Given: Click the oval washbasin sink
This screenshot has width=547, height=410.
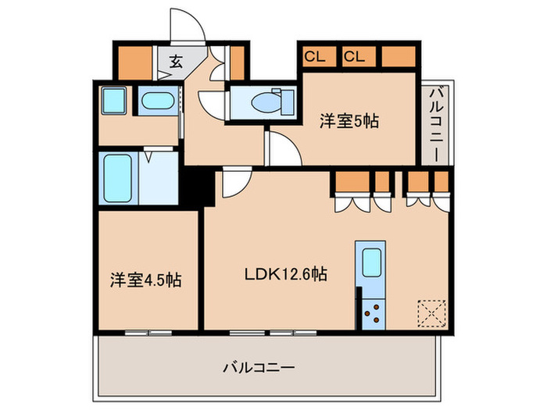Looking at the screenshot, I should (159, 102).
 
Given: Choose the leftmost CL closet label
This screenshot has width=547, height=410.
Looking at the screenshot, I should (315, 56).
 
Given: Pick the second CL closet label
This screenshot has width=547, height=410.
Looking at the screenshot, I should (354, 56).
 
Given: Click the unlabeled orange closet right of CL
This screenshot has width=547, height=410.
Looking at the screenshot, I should (399, 56).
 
